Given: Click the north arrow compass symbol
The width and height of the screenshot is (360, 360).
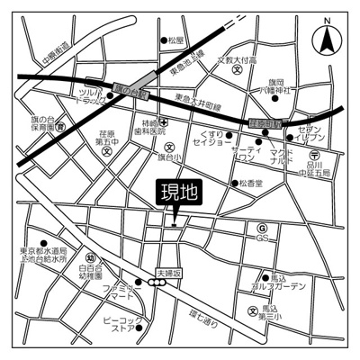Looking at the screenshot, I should pyautogui.click(x=325, y=40).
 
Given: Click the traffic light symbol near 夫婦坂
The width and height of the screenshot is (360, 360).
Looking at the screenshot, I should pyautogui.click(x=158, y=282).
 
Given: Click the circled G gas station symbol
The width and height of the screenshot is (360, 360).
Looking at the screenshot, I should pyautogui.click(x=263, y=229).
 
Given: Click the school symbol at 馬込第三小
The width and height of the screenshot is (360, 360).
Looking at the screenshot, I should pyautogui.click(x=253, y=310).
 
